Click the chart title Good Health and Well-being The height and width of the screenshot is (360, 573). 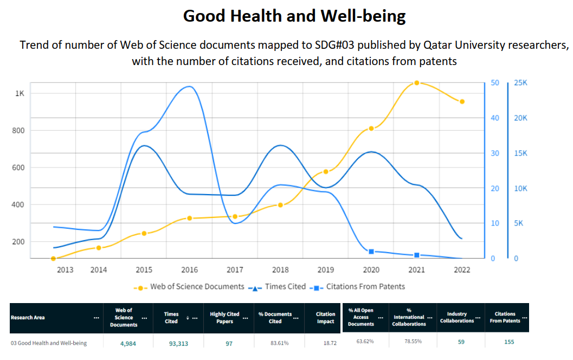point(294,16)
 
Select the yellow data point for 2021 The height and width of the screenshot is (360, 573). point(416,83)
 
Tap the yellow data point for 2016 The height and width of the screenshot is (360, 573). point(189,218)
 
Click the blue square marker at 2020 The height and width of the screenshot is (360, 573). point(371,252)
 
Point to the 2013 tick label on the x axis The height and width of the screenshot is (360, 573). point(65,269)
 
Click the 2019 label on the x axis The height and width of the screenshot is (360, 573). point(326,269)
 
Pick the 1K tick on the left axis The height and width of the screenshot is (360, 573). point(20,93)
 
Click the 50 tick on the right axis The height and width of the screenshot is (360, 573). point(494,83)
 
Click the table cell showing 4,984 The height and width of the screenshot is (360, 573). point(124,343)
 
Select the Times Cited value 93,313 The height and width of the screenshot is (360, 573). point(171,343)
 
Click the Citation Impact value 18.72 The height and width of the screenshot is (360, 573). point(325,343)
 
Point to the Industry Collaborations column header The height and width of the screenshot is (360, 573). point(460,317)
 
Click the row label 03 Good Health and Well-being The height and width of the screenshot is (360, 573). point(49,343)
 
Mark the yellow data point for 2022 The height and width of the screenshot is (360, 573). point(462,101)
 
